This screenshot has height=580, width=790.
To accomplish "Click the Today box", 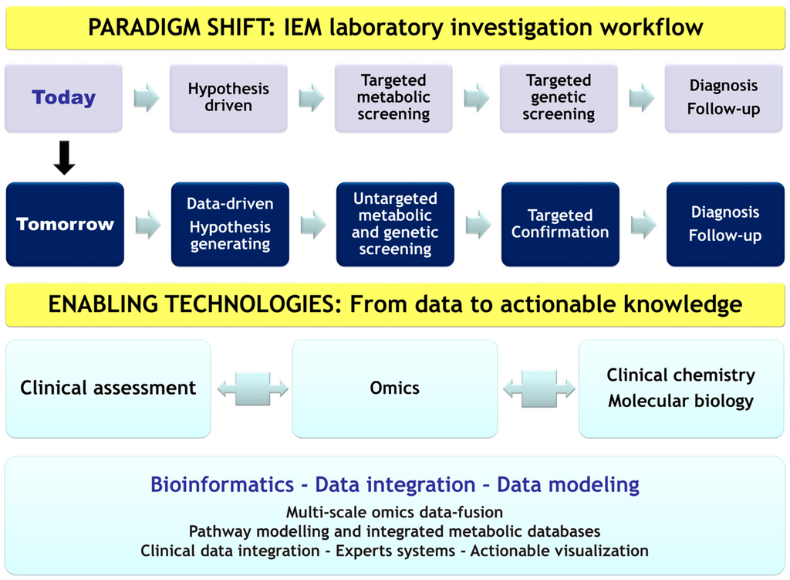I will point(63,98).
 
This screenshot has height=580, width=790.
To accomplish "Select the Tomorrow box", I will point(65,225).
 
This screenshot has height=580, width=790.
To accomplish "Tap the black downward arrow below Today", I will point(65,157).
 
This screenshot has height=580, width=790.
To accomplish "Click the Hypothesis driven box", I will point(228,98).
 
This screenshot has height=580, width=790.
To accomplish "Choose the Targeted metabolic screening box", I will point(393,98).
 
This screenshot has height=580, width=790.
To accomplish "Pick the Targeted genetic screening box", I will point(559,98).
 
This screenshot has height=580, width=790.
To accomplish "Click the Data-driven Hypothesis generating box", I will point(230,225).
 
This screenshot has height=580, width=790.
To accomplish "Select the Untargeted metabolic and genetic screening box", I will point(395,225).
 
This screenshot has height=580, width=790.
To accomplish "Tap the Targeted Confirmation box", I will point(560,225).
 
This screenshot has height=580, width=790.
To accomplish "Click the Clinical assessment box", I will point(108,388).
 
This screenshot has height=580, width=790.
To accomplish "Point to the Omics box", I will point(394,388).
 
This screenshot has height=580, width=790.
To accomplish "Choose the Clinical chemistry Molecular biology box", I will point(680,388).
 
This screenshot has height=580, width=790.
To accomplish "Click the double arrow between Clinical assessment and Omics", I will point(252,388).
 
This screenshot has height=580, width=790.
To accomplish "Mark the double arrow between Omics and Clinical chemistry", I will point(538,388).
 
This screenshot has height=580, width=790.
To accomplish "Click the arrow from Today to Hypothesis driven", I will point(147,98).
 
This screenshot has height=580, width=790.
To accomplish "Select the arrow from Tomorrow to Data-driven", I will point(148,225).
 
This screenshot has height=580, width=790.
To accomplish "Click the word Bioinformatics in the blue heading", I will point(222,485).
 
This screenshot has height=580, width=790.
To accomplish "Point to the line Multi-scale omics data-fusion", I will point(394,512).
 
